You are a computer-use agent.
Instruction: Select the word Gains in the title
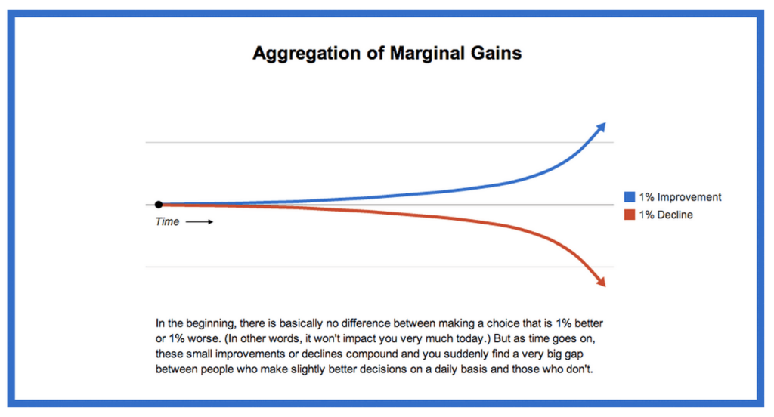496,53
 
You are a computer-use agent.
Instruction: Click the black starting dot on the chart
159,204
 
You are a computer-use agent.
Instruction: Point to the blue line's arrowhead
600,128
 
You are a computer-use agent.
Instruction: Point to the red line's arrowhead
600,282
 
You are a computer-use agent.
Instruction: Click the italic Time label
167,221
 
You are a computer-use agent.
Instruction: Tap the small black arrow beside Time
200,222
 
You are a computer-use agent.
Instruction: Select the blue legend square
630,197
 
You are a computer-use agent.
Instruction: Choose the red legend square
630,215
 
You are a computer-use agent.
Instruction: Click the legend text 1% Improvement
680,197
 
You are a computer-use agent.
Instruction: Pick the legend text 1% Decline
666,215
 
